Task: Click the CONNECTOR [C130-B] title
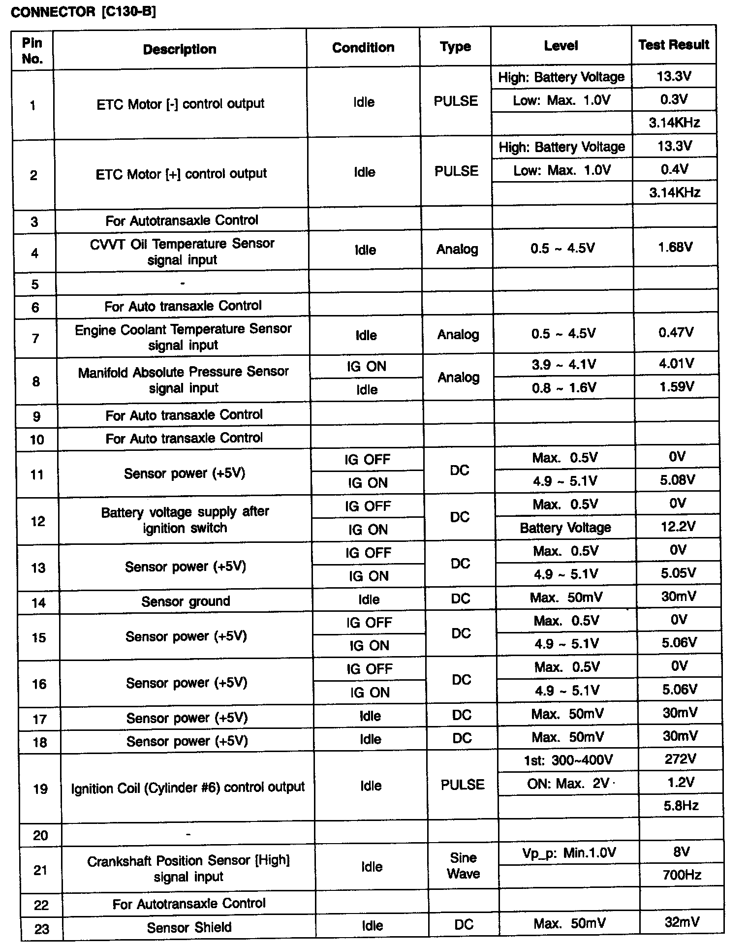click(x=83, y=12)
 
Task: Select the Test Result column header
click(x=674, y=45)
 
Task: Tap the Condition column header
click(x=363, y=47)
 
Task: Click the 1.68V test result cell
click(x=675, y=247)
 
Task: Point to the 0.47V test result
click(x=676, y=333)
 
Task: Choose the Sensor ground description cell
click(x=186, y=601)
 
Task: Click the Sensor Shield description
click(x=189, y=927)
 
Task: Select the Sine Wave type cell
click(x=463, y=865)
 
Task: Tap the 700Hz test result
click(x=682, y=875)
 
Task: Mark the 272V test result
click(x=680, y=759)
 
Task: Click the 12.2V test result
click(x=678, y=527)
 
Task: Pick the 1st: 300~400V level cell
click(x=568, y=760)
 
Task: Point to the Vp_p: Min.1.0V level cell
click(x=569, y=852)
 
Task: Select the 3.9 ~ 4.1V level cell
click(x=563, y=364)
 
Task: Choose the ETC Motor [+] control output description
click(x=181, y=174)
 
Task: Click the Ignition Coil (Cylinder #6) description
click(x=188, y=788)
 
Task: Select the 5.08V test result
click(x=677, y=479)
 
